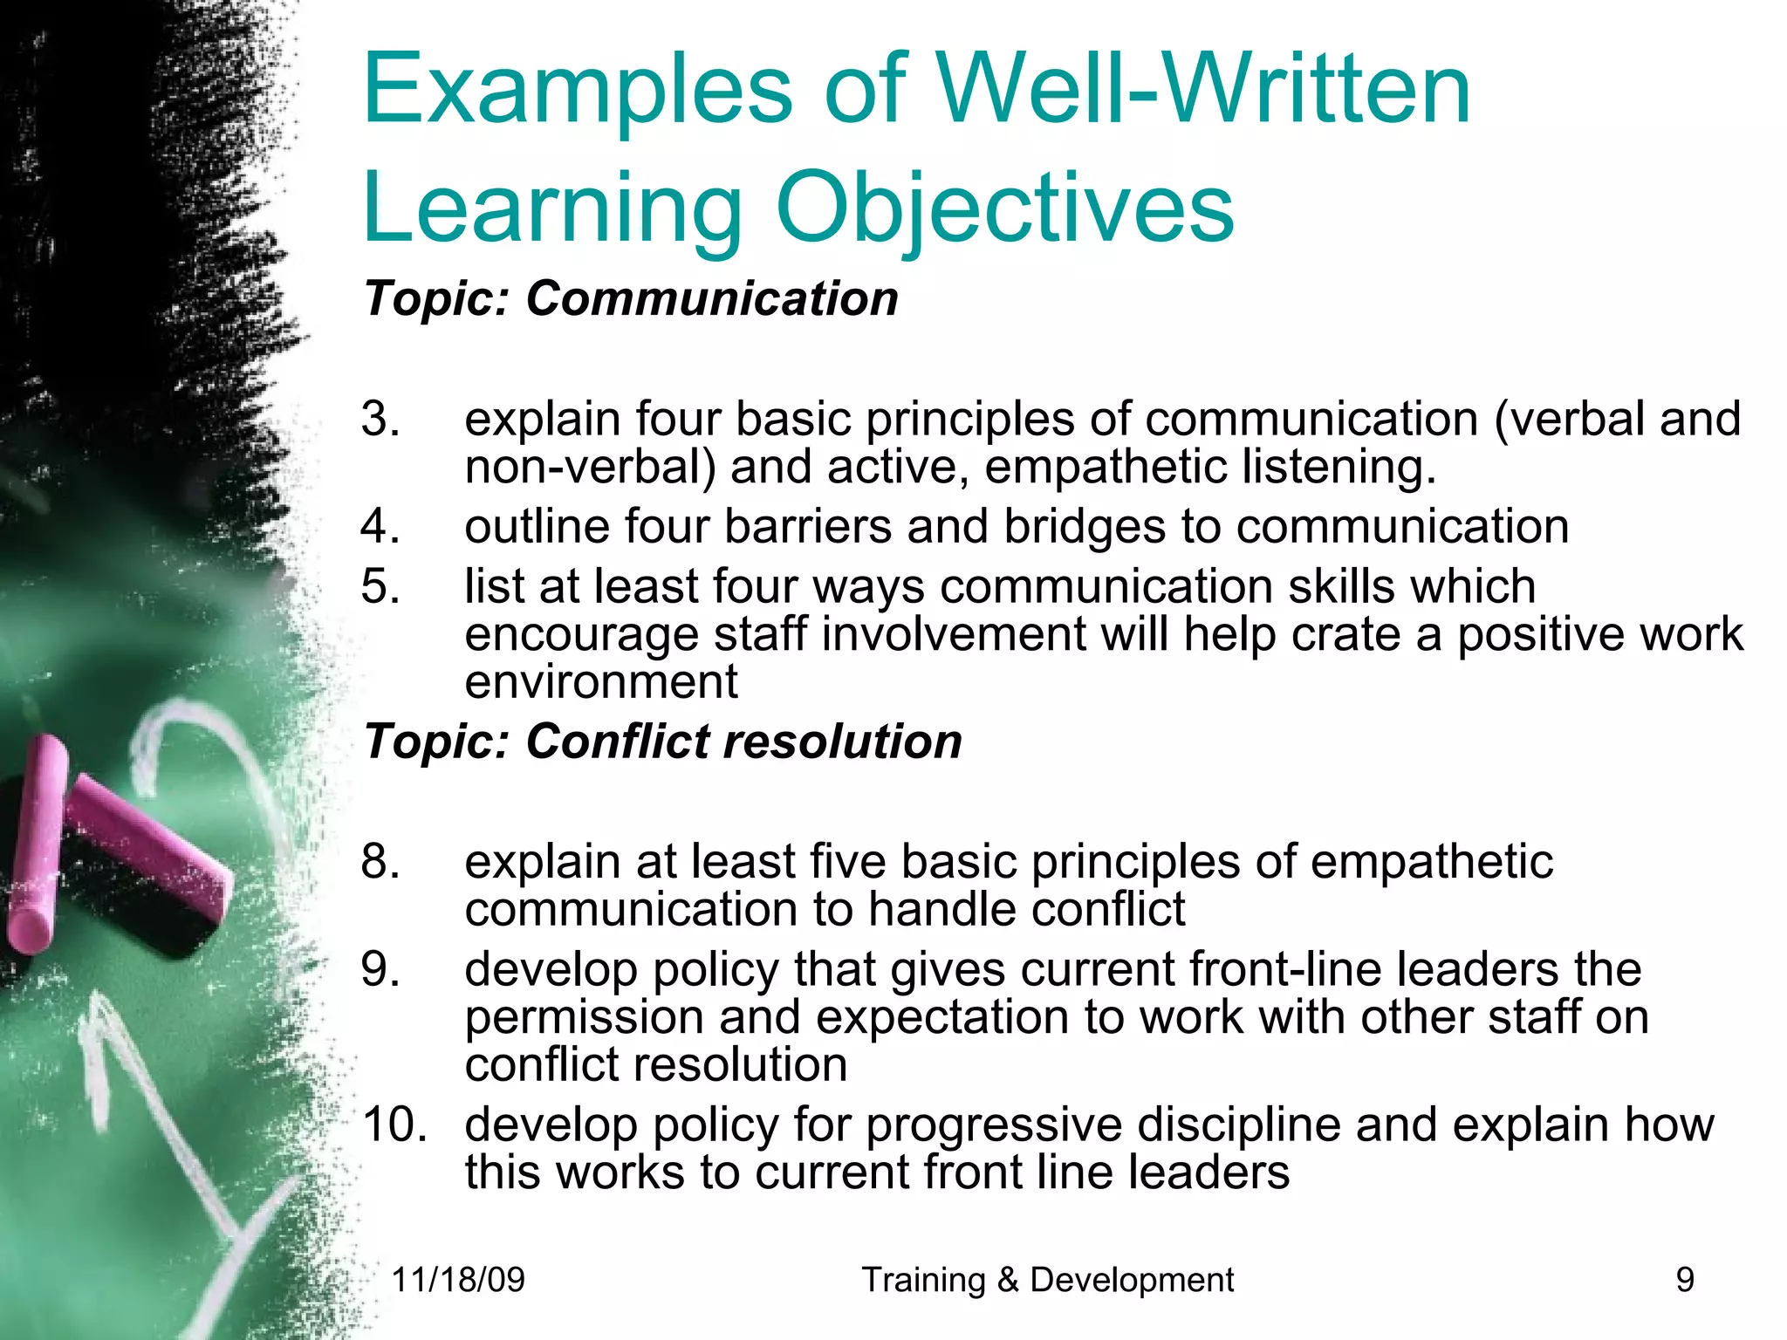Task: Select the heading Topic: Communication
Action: [x=631, y=298]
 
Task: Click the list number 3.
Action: [x=380, y=419]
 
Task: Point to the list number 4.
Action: [x=380, y=526]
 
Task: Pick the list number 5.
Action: [x=380, y=585]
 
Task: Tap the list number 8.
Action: [x=380, y=861]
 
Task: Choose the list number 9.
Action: [x=380, y=969]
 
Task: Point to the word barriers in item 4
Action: [x=807, y=526]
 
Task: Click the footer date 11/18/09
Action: [x=458, y=1280]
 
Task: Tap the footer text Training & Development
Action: [x=1047, y=1280]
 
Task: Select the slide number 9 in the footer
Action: [x=1685, y=1280]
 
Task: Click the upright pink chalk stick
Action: [x=37, y=842]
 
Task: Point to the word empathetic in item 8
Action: [x=1431, y=862]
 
